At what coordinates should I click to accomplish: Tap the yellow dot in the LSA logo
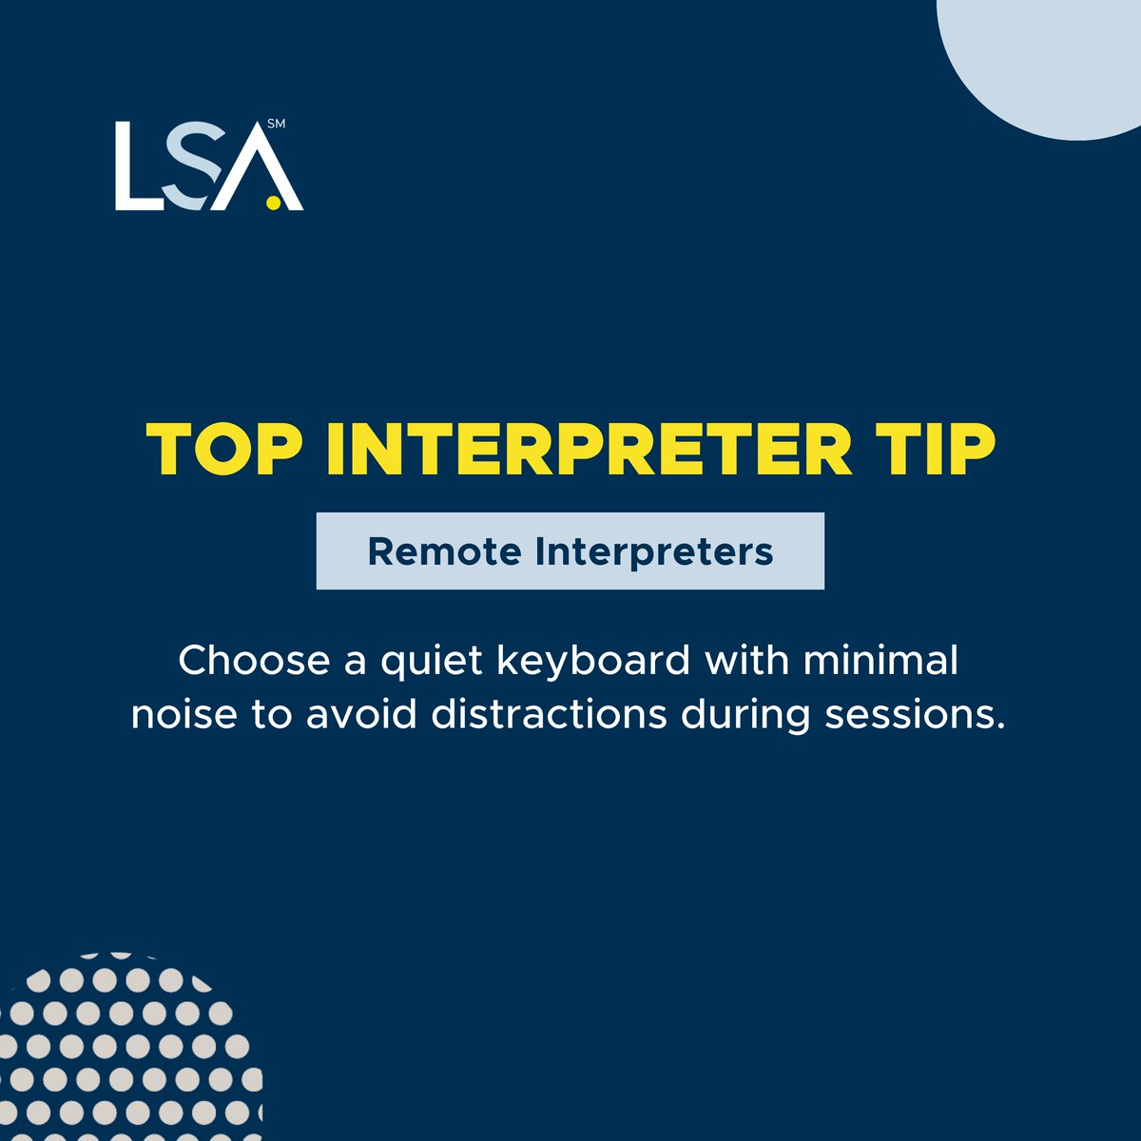point(273,202)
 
